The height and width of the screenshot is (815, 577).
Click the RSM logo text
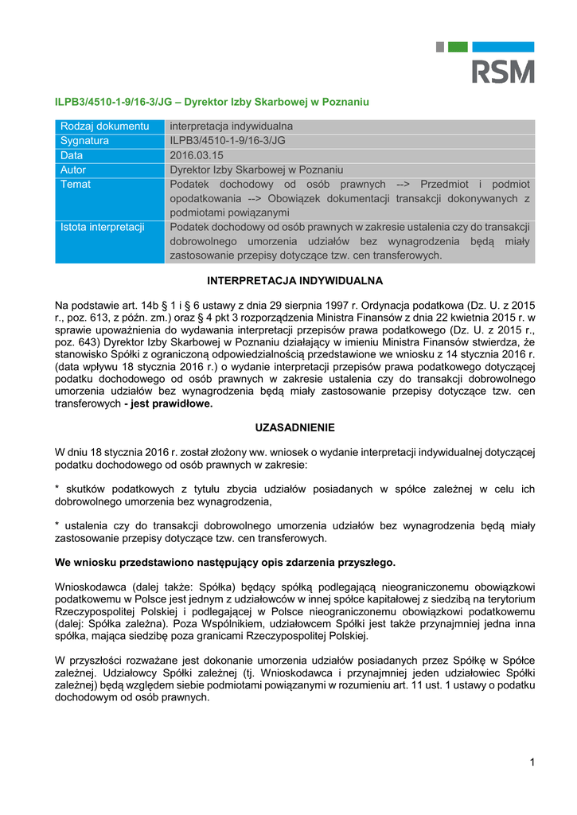pyautogui.click(x=504, y=72)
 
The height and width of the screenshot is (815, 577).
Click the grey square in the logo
pyautogui.click(x=439, y=46)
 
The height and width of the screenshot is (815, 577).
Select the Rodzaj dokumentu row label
pyautogui.click(x=105, y=126)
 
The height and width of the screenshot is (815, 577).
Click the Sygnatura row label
pyautogui.click(x=84, y=140)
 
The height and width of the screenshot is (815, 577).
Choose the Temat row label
pyautogui.click(x=76, y=184)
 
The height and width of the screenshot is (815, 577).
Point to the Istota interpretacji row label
pyautogui.click(x=103, y=227)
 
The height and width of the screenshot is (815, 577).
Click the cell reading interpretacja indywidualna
pyautogui.click(x=232, y=126)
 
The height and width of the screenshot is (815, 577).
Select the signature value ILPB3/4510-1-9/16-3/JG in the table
pyautogui.click(x=228, y=140)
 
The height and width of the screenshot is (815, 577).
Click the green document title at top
pyautogui.click(x=212, y=103)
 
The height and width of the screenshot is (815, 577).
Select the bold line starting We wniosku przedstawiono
pyautogui.click(x=225, y=562)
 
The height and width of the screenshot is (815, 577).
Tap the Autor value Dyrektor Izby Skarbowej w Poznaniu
pyautogui.click(x=256, y=170)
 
